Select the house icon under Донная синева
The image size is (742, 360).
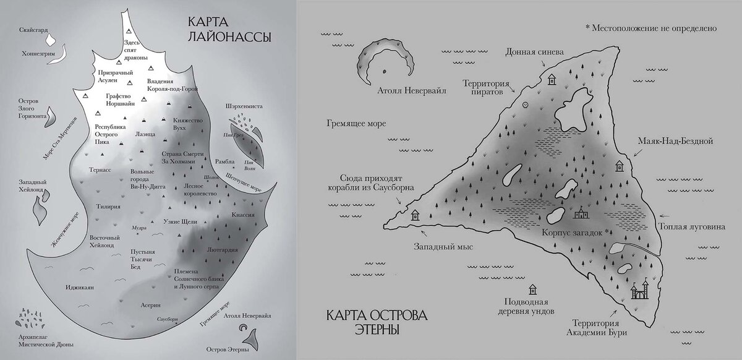coord(552,79)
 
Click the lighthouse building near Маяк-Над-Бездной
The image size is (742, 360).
coord(619,166)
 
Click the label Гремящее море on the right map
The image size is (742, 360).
coord(355,123)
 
